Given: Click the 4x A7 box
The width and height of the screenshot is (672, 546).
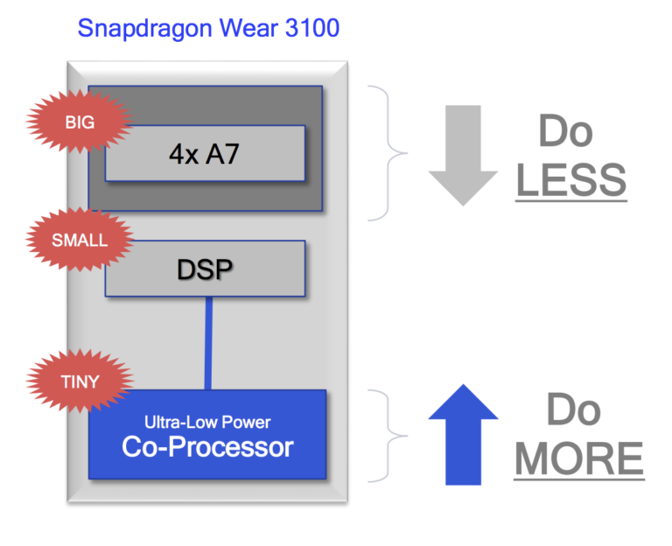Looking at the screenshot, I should pos(205,153).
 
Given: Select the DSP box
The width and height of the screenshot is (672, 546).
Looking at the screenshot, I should pos(205,268).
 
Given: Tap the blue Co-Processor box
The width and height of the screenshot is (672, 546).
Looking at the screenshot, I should pos(207,435).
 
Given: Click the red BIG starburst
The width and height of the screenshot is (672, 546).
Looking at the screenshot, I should pos(80,122).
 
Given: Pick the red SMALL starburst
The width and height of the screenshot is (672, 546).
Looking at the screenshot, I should pos(80,239).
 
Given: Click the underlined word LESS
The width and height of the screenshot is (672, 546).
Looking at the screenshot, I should pos(570,179).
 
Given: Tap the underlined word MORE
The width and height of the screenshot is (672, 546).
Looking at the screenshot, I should pos(578,458).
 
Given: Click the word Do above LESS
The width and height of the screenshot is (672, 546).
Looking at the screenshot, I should pos(565,132).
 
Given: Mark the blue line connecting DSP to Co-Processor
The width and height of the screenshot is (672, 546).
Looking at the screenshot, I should pos(209,342).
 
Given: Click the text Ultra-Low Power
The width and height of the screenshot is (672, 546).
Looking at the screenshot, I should pos(208,422).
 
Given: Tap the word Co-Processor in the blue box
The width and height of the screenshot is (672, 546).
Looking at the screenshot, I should pos(207,447).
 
